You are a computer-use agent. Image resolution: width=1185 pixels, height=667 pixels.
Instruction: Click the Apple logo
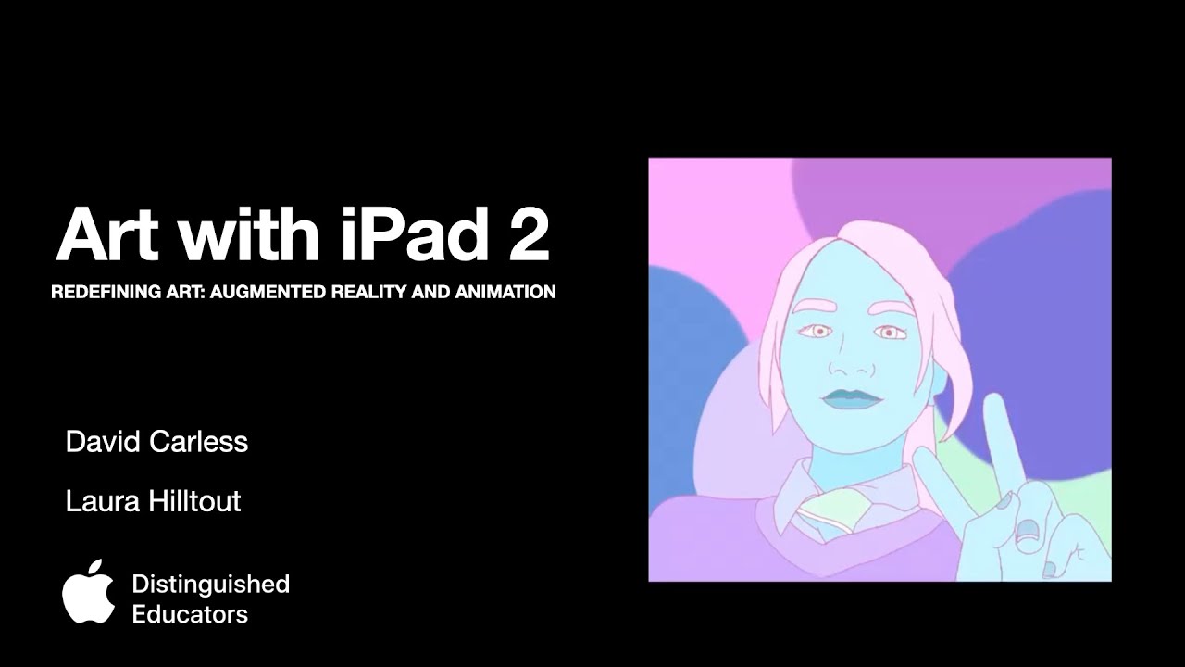coord(89,593)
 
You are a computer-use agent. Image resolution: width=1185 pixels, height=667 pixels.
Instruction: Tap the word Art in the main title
coord(110,235)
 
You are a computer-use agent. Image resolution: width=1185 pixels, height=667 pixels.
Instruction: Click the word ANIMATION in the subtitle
coord(505,292)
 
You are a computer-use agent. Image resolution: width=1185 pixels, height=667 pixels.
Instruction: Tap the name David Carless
coord(156,442)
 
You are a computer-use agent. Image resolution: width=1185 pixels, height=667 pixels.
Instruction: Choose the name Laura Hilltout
coord(153,501)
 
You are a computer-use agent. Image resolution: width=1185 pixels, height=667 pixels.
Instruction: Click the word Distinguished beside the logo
coord(210,584)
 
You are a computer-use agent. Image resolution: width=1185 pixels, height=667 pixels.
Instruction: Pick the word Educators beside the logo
coord(190,613)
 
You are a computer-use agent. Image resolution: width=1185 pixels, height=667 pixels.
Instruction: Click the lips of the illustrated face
coord(848,397)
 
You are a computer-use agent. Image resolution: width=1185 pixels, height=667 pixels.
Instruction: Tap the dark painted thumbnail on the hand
coord(1027,532)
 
